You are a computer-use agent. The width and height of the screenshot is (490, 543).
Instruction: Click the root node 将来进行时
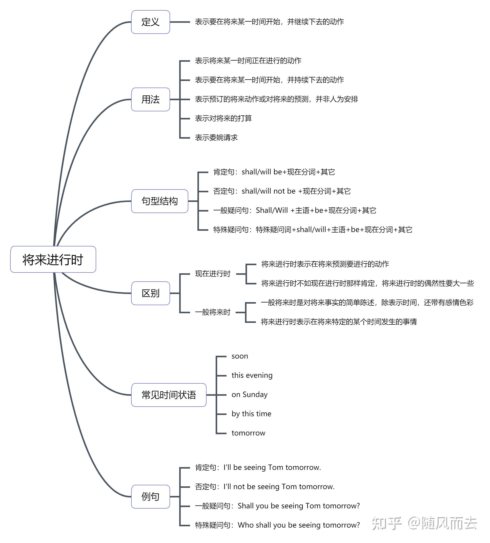[53, 260]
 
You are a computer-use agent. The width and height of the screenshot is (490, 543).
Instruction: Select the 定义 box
[150, 22]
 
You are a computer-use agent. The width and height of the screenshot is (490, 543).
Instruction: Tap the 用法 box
[150, 99]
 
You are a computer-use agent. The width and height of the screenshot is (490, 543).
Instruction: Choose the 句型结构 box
[159, 201]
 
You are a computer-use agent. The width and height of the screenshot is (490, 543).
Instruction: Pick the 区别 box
[150, 293]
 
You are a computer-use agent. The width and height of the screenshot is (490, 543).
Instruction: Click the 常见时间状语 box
[169, 395]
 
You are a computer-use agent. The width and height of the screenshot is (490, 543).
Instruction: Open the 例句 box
[150, 497]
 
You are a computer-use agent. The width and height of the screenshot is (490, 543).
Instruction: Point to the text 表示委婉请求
[216, 138]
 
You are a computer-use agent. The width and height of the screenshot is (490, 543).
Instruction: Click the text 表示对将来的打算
[223, 118]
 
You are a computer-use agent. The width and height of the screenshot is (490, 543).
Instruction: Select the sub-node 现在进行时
[213, 274]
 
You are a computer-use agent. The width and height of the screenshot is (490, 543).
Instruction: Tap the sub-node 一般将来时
[213, 312]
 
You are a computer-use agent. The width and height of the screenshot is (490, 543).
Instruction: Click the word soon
[240, 356]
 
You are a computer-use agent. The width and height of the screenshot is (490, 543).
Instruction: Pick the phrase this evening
[252, 375]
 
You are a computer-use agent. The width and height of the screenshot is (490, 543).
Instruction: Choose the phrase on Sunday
[249, 395]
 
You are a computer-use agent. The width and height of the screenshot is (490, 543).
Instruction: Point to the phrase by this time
[251, 414]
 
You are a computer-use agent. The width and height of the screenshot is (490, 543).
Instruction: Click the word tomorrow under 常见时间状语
[248, 433]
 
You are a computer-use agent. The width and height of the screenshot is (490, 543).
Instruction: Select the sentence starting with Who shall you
[277, 525]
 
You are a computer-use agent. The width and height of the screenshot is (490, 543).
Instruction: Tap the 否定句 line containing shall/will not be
[282, 191]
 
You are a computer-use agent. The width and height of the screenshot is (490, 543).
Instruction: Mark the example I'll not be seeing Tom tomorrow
[265, 487]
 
